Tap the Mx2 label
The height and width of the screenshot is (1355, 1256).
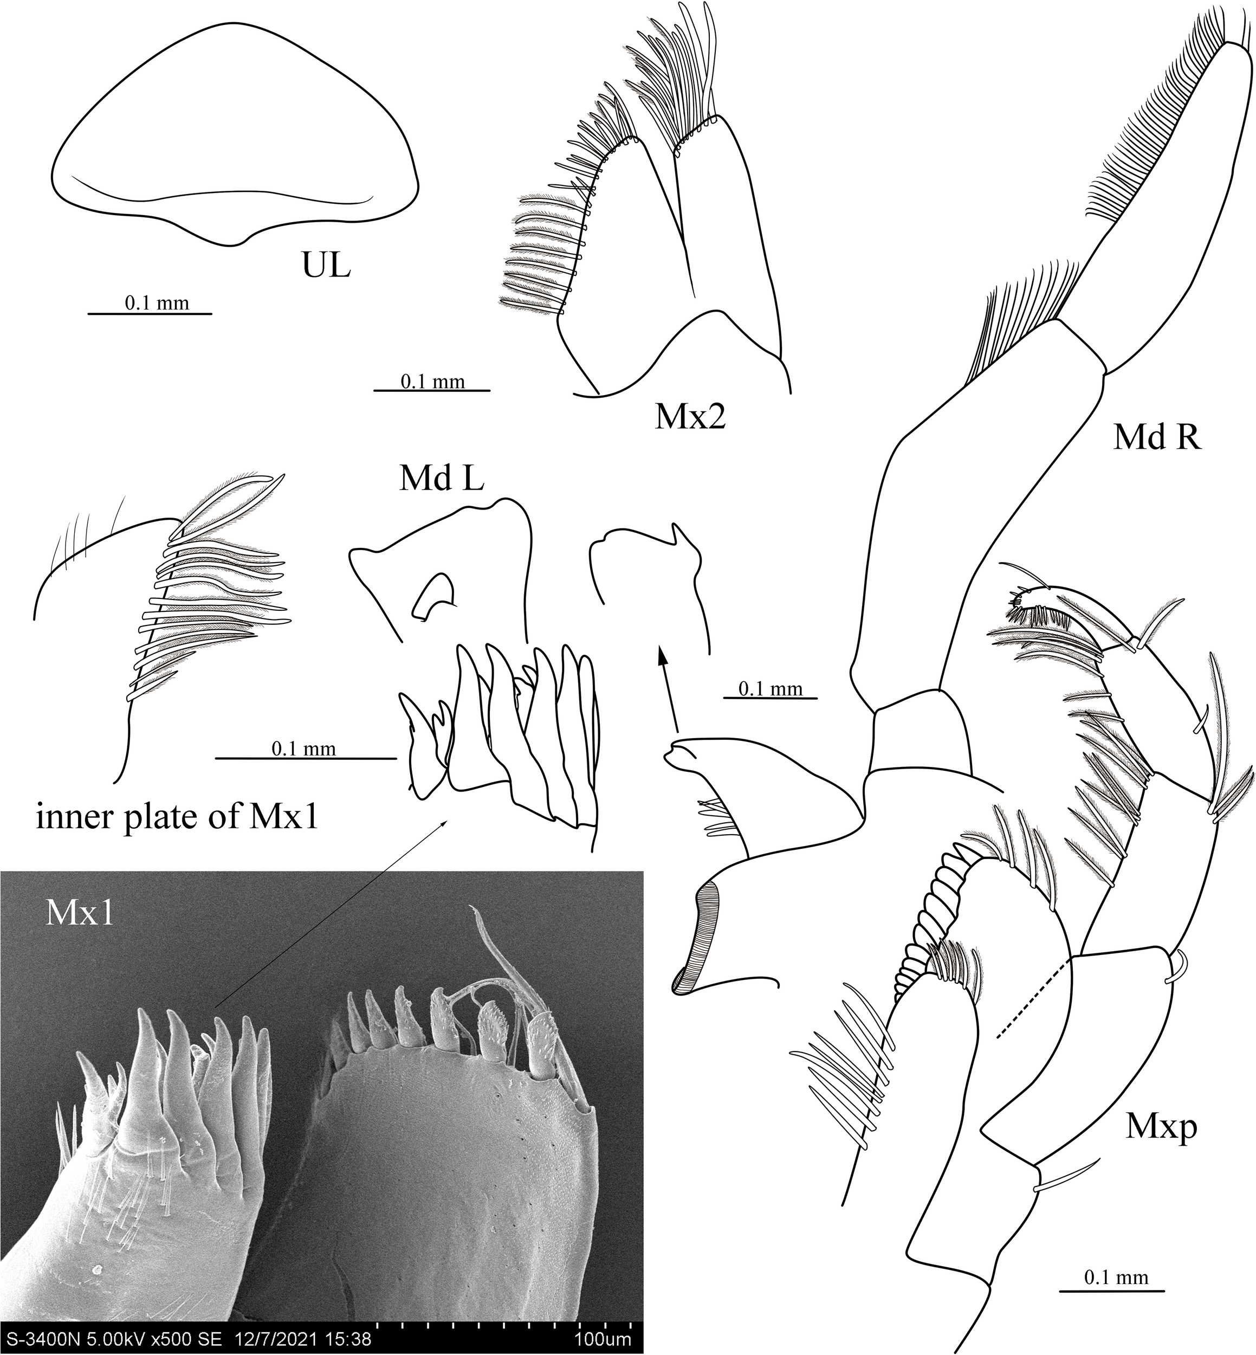click(690, 417)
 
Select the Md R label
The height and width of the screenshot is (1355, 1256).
click(1157, 438)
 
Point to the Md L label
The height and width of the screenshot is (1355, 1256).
click(442, 480)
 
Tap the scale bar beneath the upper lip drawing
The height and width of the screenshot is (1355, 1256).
click(150, 313)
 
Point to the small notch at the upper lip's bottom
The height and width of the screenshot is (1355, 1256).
click(237, 243)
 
